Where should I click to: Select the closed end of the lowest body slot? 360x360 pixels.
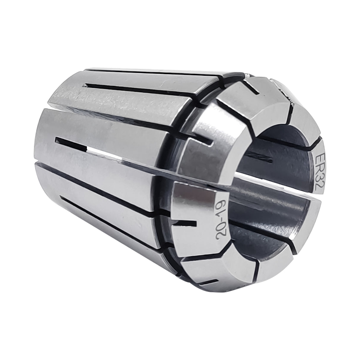(62, 197)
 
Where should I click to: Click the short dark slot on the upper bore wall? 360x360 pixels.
(261, 158)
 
